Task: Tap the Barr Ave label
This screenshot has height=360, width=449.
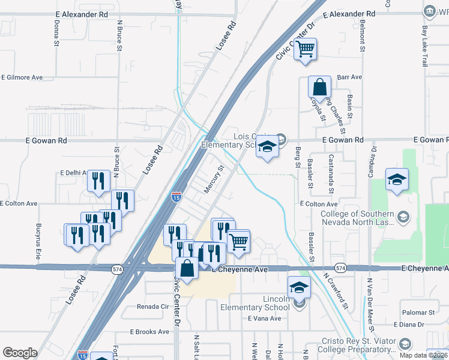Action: [x=350, y=77]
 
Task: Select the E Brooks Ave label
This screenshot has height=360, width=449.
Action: [x=149, y=332]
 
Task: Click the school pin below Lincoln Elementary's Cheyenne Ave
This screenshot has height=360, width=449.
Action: [x=299, y=287]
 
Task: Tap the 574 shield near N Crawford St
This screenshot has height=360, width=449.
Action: [x=340, y=268]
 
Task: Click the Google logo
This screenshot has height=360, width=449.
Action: [x=20, y=353]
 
